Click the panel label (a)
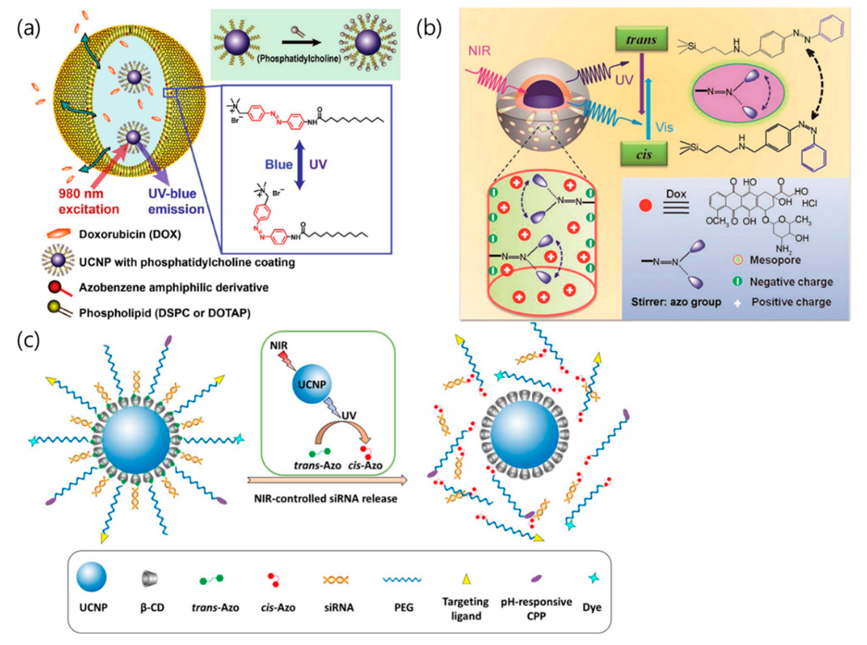click(28, 30)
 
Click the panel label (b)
click(429, 30)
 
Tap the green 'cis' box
click(644, 154)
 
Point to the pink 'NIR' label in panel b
click(479, 51)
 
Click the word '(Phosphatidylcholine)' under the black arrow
click(298, 59)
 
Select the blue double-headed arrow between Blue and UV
click(299, 165)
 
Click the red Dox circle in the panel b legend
click(645, 205)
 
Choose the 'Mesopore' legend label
click(775, 260)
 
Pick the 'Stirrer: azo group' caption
click(676, 302)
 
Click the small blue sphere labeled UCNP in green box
click(312, 384)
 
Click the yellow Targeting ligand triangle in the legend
click(466, 579)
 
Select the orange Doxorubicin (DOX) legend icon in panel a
click(59, 234)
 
